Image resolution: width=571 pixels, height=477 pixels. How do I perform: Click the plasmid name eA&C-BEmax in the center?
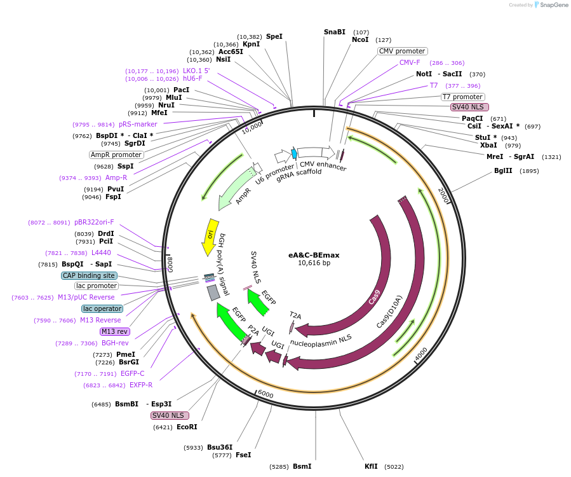pos(314,255)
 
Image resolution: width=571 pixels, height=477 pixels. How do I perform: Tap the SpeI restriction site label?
pos(274,36)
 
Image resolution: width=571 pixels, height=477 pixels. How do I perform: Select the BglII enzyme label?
pos(503,170)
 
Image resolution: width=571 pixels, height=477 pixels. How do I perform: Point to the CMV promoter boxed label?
pos(402,51)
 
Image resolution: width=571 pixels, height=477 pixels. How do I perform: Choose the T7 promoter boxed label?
pos(463,97)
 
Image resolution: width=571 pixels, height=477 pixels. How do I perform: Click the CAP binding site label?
pos(89,275)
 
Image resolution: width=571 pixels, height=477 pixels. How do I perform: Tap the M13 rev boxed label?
pos(115,331)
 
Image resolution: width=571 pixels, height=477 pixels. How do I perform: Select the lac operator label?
pos(102,309)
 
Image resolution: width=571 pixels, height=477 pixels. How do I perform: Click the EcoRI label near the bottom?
pos(187,427)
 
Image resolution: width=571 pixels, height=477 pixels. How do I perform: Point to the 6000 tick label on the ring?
pos(265,394)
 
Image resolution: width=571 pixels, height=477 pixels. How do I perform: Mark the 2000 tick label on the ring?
pos(443,195)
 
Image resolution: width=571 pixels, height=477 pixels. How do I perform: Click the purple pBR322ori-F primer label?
pos(94,222)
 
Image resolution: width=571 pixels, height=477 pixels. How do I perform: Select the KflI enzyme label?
pos(371,466)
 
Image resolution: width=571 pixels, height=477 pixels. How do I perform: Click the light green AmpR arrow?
pos(236,189)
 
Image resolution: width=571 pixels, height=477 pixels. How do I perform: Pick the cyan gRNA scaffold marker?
pos(294,153)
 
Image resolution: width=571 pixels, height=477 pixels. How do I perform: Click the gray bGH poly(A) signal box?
pos(213,293)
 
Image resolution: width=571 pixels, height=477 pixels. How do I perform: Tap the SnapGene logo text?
pos(554,5)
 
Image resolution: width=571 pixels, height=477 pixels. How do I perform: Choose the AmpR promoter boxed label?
pos(116,155)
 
